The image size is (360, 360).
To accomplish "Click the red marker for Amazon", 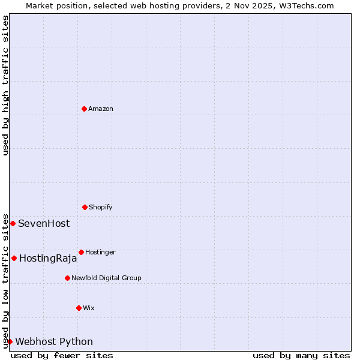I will pos(84,109).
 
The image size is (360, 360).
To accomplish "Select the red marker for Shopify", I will pos(85,207).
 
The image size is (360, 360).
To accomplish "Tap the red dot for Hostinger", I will pos(81,252).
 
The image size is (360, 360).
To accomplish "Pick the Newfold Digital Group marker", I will pos(67,278).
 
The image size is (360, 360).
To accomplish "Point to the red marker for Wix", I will pos(79,308).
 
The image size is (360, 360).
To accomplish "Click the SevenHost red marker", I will pos(13,223).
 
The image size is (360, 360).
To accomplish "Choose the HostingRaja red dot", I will pos(14,258).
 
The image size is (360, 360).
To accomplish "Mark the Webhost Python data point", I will pos(10,341).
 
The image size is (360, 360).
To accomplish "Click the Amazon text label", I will pos(101,109).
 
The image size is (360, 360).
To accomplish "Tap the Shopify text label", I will pos(101,207).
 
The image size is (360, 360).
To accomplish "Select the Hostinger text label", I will pos(100,252).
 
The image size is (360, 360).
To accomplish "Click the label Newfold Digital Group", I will pos(106,278).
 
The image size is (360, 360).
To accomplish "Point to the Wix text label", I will pos(89,308).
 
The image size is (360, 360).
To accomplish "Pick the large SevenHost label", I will pos(44,223).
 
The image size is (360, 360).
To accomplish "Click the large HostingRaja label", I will pos(48,259).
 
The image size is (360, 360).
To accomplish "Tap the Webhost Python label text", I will pos(54,341).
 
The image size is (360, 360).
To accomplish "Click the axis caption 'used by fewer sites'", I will pos(62,355).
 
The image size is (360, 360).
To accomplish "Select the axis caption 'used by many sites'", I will pos(301,355).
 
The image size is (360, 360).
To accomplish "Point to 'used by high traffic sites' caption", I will pos(5,85).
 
